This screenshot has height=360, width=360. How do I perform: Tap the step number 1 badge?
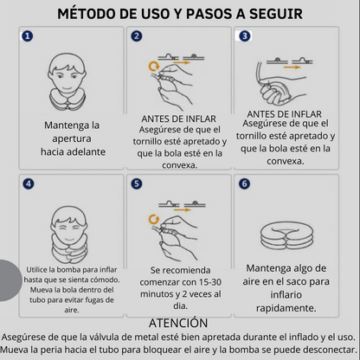tap(28, 38)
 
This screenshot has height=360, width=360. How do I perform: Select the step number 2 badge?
tap(137, 38)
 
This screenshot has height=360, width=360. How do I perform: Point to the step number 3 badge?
tap(245, 37)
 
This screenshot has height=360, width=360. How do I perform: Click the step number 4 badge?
tap(28, 184)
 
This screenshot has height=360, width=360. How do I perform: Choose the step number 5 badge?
tap(137, 184)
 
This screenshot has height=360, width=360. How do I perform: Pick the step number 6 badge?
tap(245, 184)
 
